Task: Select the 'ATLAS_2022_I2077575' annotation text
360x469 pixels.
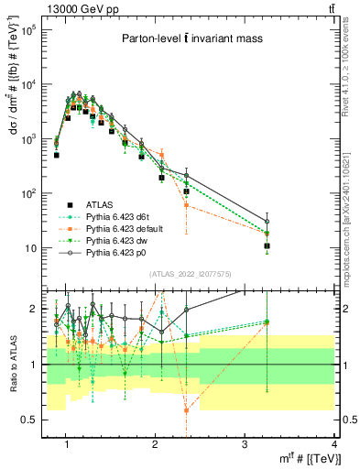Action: [191, 274]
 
